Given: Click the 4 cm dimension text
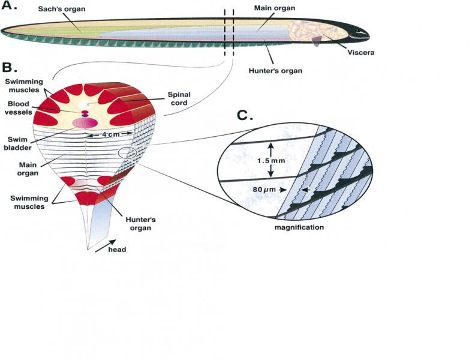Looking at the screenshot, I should [x=107, y=135].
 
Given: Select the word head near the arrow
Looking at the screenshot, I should [x=118, y=250].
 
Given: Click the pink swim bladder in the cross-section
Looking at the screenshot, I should [x=85, y=122].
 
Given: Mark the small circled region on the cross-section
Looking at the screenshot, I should [x=128, y=153].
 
